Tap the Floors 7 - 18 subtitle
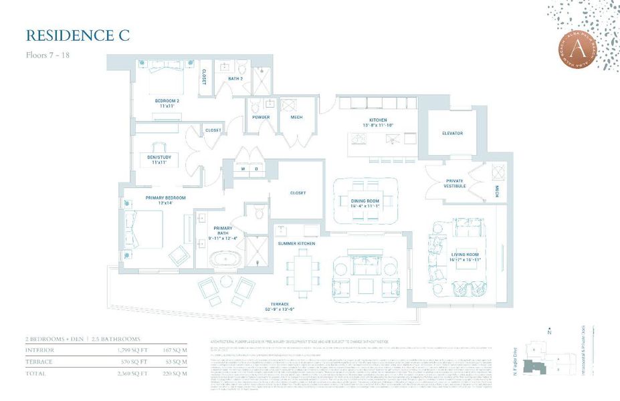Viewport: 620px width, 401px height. tap(47, 55)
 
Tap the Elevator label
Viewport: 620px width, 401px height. tap(452, 133)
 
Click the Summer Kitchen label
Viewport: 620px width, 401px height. tap(296, 243)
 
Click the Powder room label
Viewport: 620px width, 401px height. tap(261, 118)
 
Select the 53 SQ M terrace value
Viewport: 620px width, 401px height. tap(177, 362)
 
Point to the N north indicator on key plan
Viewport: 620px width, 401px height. tap(549, 331)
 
